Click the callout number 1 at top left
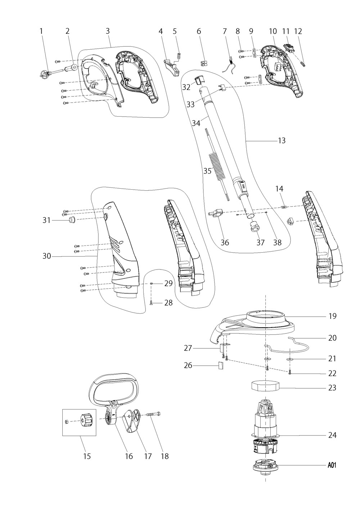[41, 31]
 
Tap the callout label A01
[332, 465]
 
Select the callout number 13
[282, 141]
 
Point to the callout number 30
[47, 256]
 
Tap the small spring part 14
[284, 207]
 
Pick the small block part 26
[220, 365]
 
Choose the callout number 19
[332, 316]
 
